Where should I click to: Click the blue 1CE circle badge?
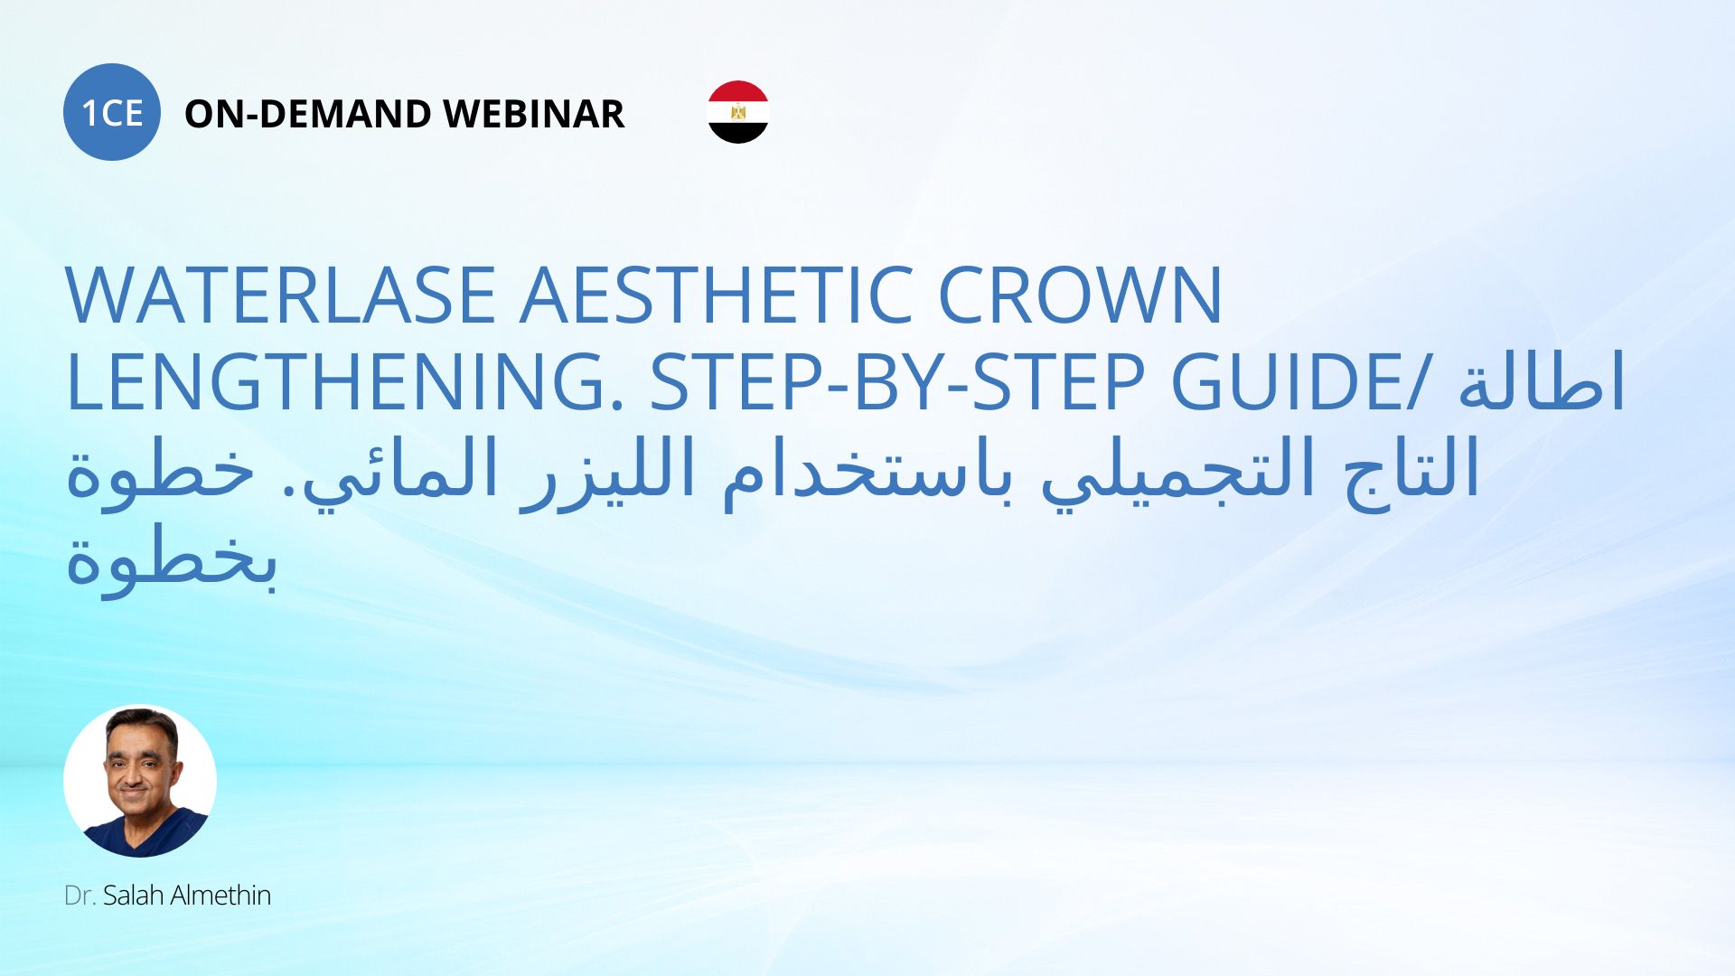pos(112,112)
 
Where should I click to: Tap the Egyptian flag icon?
pos(738,112)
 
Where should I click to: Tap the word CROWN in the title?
pos(1081,296)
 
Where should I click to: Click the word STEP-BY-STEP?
pos(898,382)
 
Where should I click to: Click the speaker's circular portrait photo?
pos(140,781)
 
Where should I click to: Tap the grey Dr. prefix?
pos(80,896)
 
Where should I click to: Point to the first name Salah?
pos(133,895)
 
